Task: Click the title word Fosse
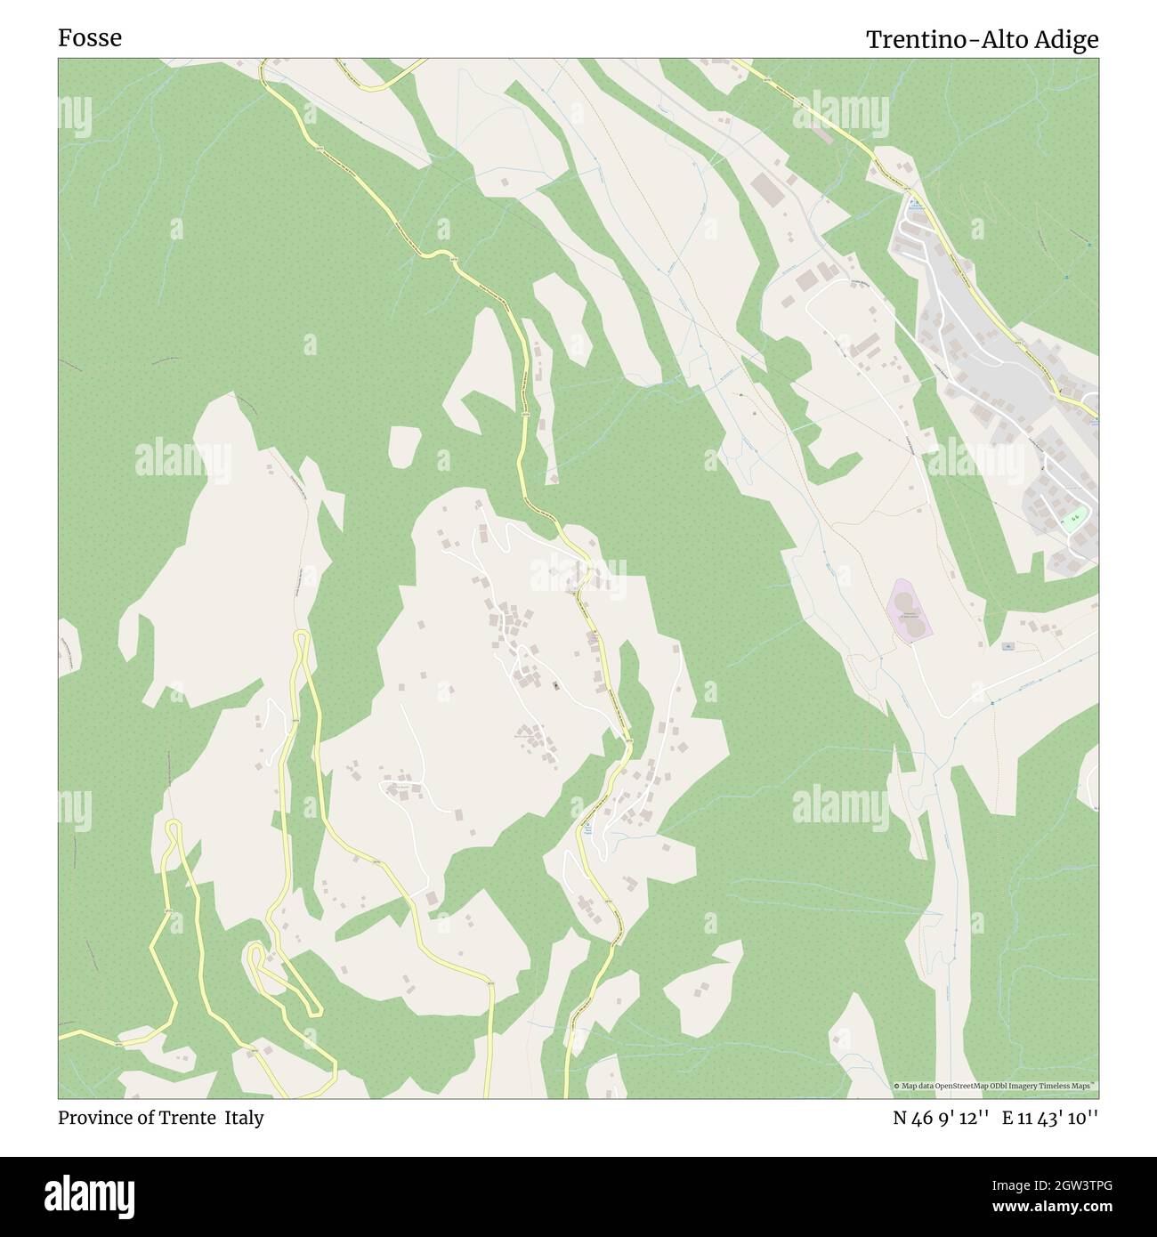coord(90,38)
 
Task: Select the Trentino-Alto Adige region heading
coord(982,40)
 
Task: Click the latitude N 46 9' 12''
coord(942,1119)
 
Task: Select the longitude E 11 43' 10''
coord(1050,1119)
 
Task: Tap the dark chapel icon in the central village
coord(557,685)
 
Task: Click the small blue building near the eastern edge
coord(1007,646)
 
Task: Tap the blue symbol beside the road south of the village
coord(588,829)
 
